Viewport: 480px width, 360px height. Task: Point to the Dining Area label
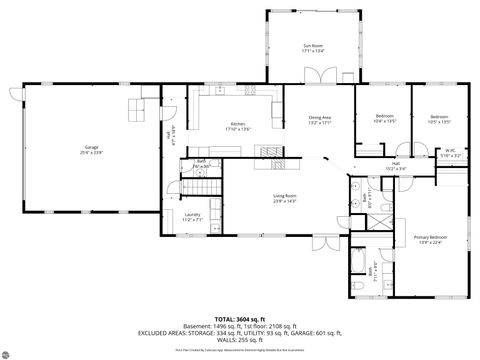tap(320, 120)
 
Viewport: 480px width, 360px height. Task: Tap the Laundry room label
tap(193, 216)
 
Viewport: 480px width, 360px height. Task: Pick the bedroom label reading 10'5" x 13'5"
tap(439, 119)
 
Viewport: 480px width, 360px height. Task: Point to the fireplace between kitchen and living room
tap(270, 152)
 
